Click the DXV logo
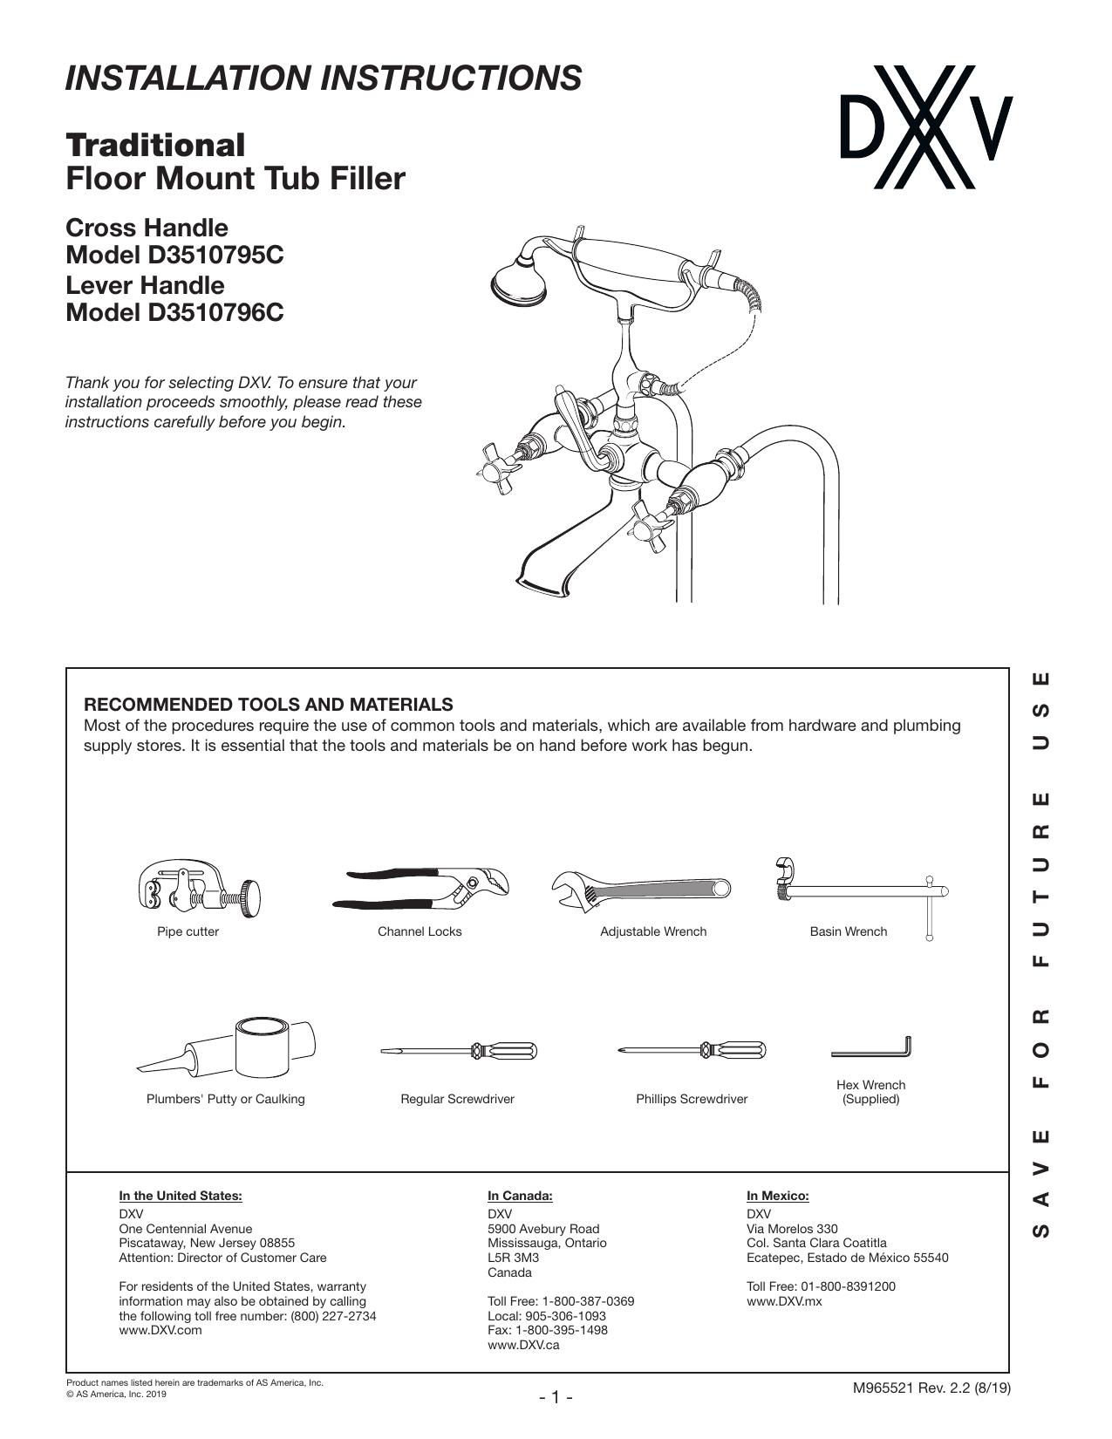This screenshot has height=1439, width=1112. pyautogui.click(x=926, y=127)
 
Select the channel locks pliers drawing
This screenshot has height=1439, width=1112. pyautogui.click(x=420, y=888)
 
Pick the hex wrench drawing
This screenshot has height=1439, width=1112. pyautogui.click(x=871, y=1047)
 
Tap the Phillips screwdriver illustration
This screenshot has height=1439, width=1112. pyautogui.click(x=692, y=1050)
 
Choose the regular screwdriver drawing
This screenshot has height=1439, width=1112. pyautogui.click(x=458, y=1050)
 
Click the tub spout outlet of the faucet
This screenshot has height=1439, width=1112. pyautogui.click(x=543, y=583)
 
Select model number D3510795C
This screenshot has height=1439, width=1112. pyautogui.click(x=215, y=255)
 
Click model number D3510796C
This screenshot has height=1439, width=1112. pyautogui.click(x=215, y=312)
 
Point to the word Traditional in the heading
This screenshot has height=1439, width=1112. pyautogui.click(x=155, y=145)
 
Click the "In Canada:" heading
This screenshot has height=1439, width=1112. pyautogui.click(x=520, y=1196)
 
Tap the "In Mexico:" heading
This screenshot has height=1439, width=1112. pyautogui.click(x=778, y=1196)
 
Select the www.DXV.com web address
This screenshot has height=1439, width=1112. pyautogui.click(x=160, y=1330)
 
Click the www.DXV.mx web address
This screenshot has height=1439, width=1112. pyautogui.click(x=784, y=1301)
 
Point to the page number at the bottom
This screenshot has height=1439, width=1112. pyautogui.click(x=556, y=1398)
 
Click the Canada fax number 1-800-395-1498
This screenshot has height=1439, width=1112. pyautogui.click(x=561, y=1330)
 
